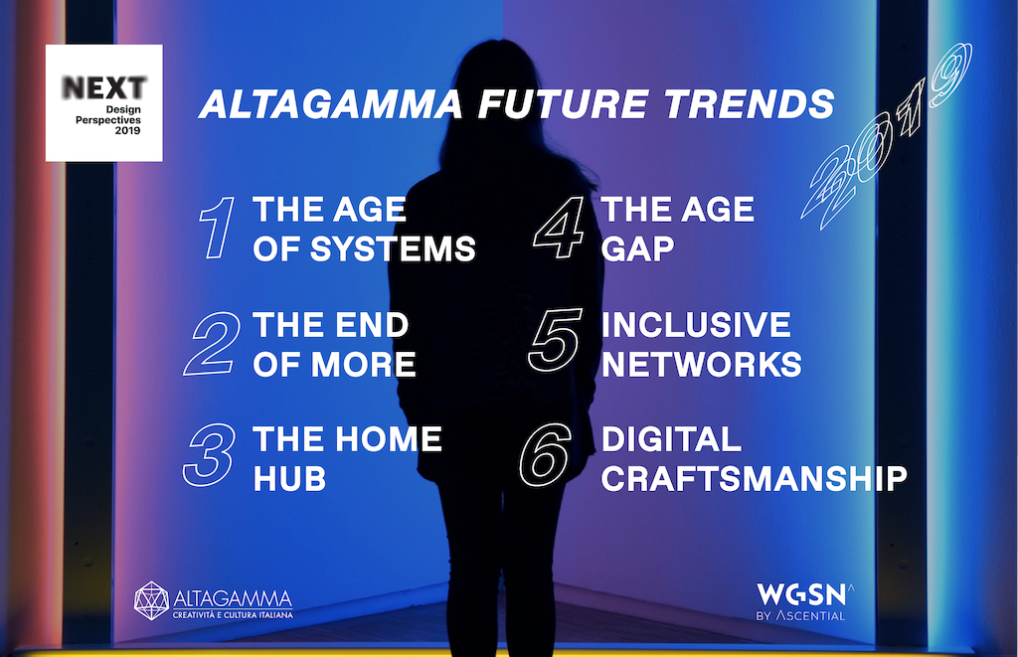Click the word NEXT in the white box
(103, 87)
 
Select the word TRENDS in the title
(750, 104)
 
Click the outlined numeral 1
(217, 228)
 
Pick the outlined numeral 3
(210, 455)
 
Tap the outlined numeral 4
(559, 228)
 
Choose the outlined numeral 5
(555, 340)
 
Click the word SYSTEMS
(393, 248)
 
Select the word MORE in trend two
(363, 364)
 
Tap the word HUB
(289, 479)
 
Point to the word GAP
(637, 248)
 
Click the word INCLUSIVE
(696, 325)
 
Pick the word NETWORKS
(702, 364)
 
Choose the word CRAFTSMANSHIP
(754, 479)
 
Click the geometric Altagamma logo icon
(151, 600)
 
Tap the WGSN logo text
(802, 594)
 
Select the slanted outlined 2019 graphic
(887, 136)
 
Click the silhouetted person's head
(498, 76)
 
